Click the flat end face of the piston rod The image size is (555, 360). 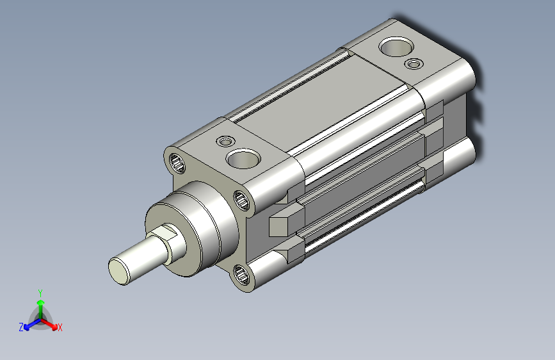click(x=119, y=271)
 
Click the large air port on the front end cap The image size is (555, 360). click(x=243, y=158)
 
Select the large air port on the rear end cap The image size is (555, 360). click(x=396, y=47)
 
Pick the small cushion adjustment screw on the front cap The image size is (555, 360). click(x=225, y=142)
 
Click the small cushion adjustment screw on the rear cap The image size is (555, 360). click(x=414, y=64)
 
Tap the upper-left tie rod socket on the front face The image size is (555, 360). click(x=177, y=163)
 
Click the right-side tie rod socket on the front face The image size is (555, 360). click(x=242, y=200)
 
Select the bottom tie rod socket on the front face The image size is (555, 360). click(x=241, y=275)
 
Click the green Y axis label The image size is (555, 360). click(x=40, y=293)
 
